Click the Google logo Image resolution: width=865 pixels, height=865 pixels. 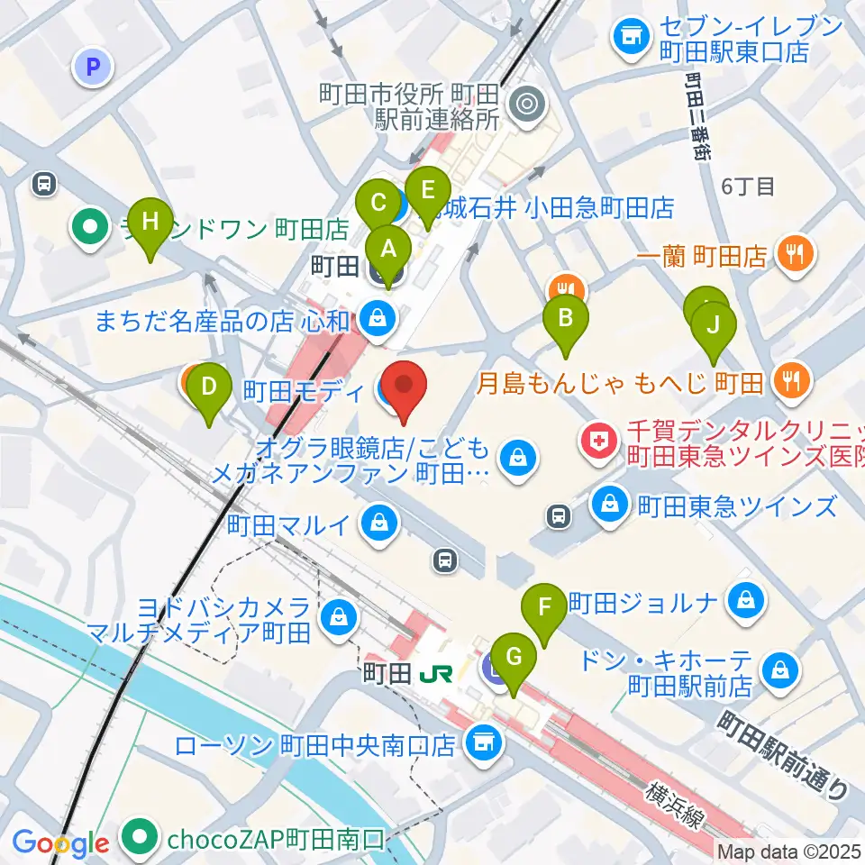coord(60,844)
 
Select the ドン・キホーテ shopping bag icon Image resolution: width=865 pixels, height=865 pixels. coord(775,669)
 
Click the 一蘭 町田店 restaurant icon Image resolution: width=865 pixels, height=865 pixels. coord(797,255)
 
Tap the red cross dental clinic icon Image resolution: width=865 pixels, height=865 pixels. coord(596,441)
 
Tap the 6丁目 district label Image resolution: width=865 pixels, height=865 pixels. coord(748,187)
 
